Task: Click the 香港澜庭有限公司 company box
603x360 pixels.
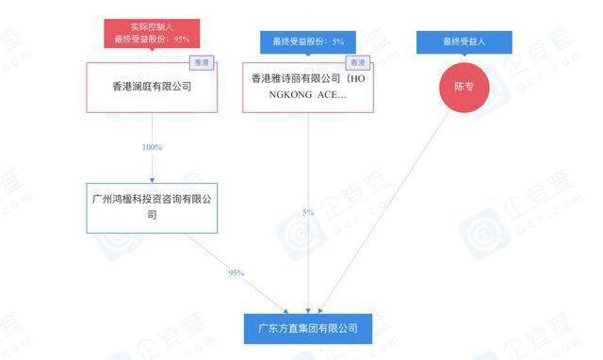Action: (x=152, y=88)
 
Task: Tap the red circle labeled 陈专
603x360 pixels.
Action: (x=464, y=88)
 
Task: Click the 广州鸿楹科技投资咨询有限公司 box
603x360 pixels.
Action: (x=152, y=207)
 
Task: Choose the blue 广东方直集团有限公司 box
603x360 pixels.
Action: (x=308, y=329)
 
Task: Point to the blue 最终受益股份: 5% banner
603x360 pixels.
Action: (x=308, y=41)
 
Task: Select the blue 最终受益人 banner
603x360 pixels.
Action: (x=464, y=41)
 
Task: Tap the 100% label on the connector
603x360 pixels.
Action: (x=152, y=147)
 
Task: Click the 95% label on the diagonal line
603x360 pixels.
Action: (x=236, y=272)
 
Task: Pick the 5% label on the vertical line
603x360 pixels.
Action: (x=308, y=213)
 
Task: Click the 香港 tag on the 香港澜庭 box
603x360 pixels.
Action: (x=202, y=63)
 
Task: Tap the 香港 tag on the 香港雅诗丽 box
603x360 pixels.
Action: (x=357, y=63)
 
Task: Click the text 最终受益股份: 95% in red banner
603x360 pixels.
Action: (x=152, y=39)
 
